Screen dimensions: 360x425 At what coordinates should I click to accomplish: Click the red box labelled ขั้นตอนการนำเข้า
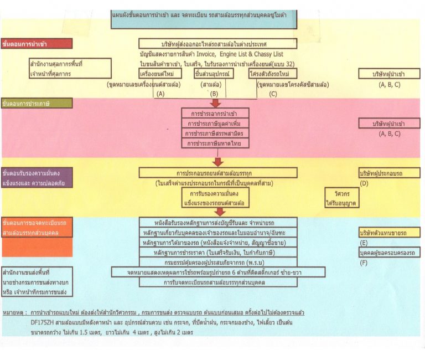[x=37, y=43]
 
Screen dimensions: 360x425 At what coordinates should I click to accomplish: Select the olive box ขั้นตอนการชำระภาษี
[x=37, y=103]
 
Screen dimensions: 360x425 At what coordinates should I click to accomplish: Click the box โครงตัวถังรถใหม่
[x=273, y=73]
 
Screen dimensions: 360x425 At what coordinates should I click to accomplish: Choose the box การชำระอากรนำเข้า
[x=215, y=113]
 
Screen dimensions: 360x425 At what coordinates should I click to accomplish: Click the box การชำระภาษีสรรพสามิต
[x=215, y=133]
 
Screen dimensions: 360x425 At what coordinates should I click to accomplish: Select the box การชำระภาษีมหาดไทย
[x=215, y=143]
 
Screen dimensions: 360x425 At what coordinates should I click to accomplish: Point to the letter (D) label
[x=364, y=183]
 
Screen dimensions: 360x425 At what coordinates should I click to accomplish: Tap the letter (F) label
[x=364, y=263]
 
